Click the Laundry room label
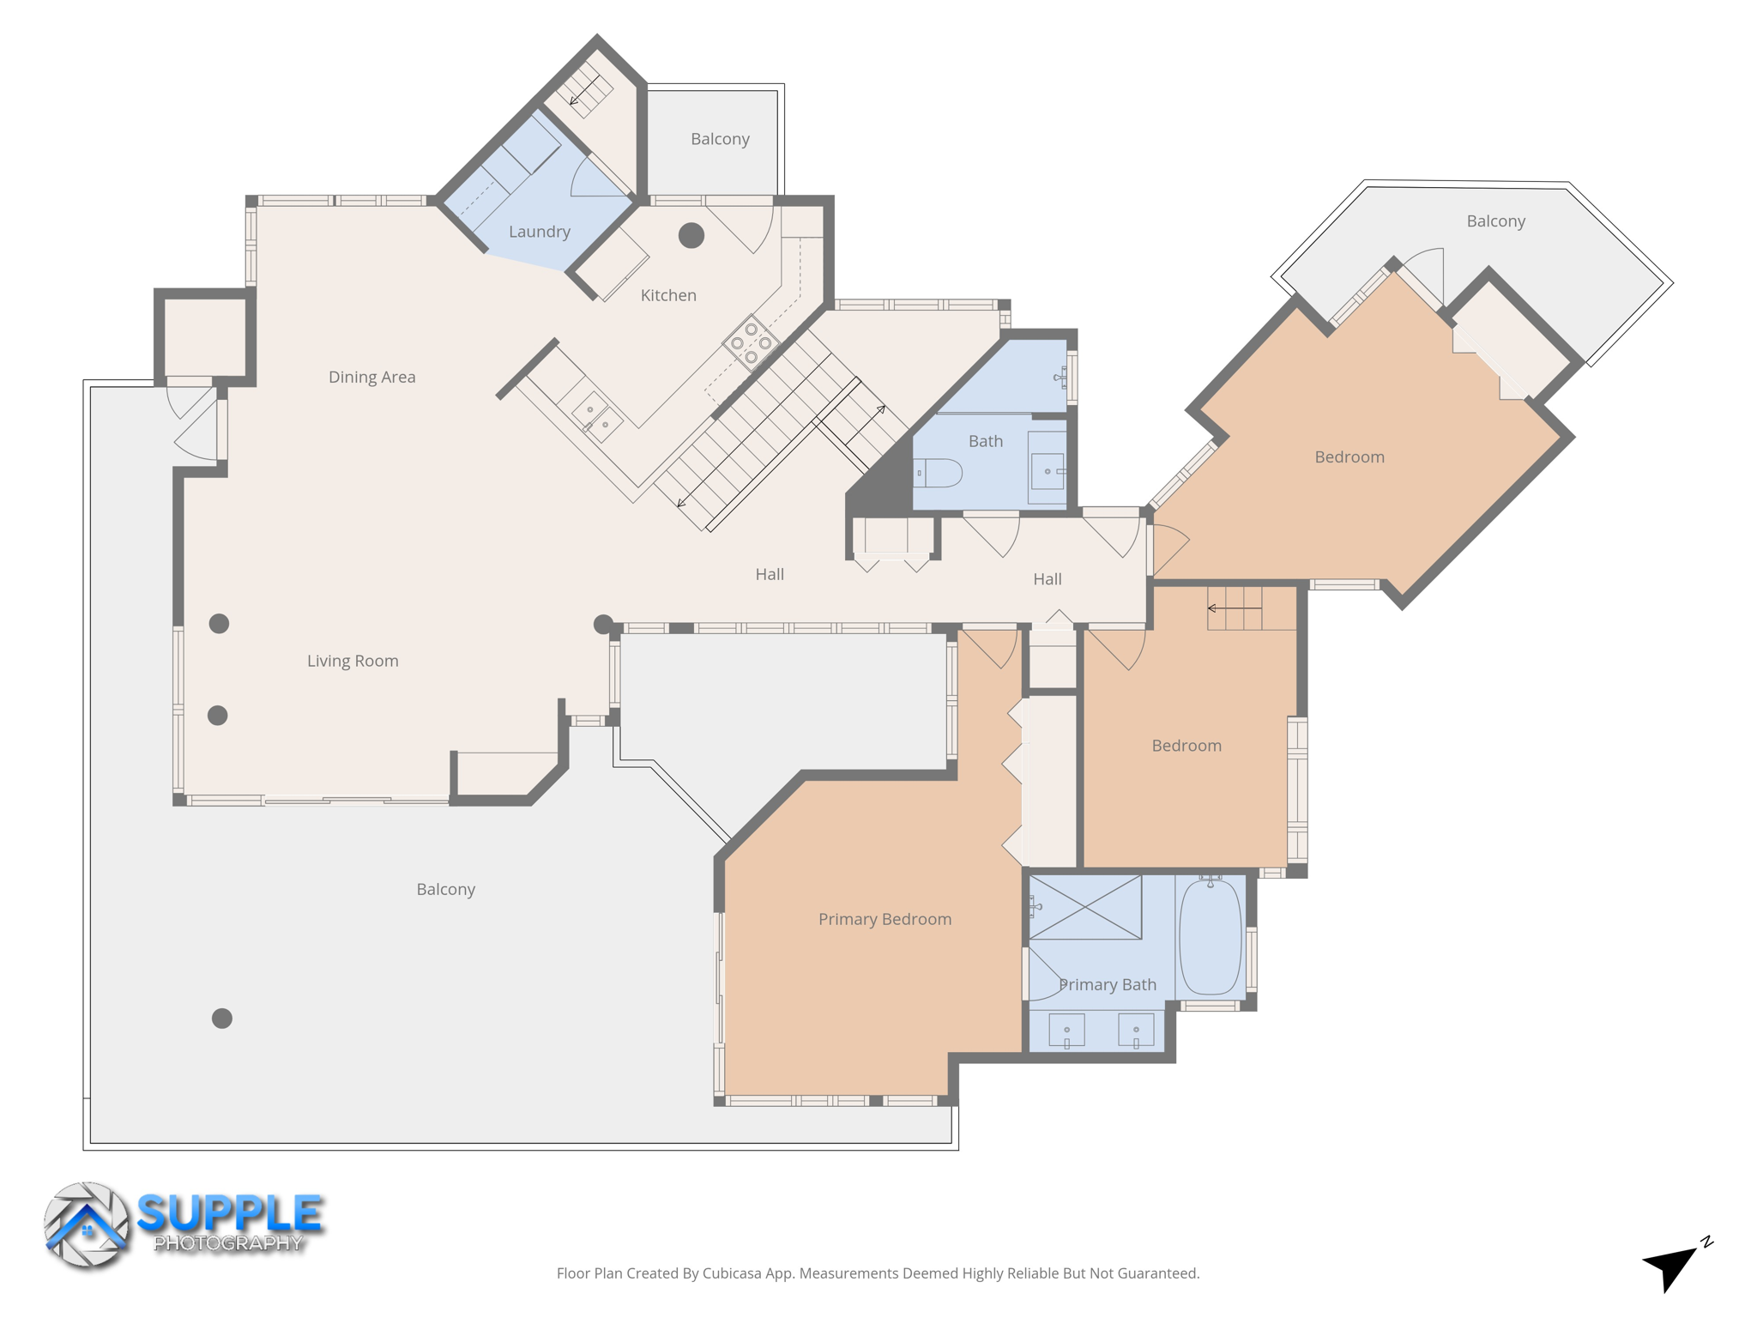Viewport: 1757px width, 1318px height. tap(539, 232)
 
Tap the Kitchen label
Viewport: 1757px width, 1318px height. tap(668, 295)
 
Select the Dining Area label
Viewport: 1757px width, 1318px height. tap(371, 377)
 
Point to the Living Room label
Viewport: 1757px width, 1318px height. tap(353, 661)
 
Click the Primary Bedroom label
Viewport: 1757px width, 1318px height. tap(885, 919)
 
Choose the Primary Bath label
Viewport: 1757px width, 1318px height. tap(1107, 984)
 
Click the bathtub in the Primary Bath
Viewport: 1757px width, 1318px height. tap(1211, 937)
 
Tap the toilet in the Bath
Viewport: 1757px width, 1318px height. tap(939, 473)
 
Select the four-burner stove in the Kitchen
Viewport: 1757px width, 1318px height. tap(751, 343)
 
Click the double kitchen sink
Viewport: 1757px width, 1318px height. tap(597, 417)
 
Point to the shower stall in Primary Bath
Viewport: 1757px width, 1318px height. tap(1085, 907)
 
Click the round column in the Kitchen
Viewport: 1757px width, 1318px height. tap(691, 235)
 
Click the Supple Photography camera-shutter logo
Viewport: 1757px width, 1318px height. tap(87, 1225)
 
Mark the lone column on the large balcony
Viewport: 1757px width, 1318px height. tap(222, 1019)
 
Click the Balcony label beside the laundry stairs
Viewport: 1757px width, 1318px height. tap(720, 139)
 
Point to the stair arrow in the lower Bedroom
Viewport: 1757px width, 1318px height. tap(1234, 608)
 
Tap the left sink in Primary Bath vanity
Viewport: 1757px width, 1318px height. tap(1066, 1030)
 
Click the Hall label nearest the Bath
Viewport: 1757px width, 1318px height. tap(1047, 579)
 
